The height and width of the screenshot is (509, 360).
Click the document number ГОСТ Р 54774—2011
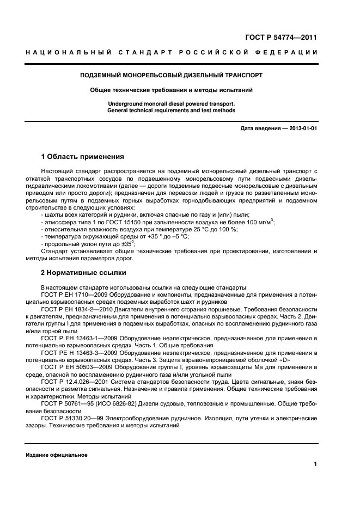coord(281,37)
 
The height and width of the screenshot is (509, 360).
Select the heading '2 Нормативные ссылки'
coord(84,272)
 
